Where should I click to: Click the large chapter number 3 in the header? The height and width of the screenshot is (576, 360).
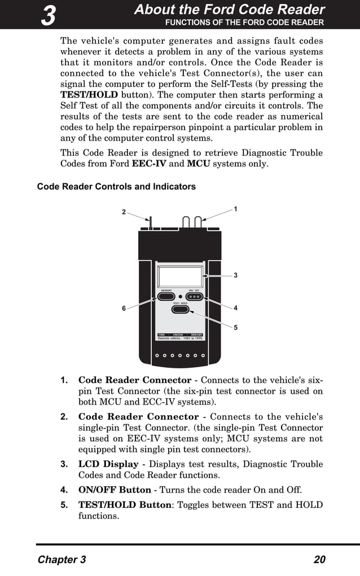[49, 15]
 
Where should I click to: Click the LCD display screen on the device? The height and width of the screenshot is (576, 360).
[181, 276]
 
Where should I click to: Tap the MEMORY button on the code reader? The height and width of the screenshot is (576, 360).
[166, 296]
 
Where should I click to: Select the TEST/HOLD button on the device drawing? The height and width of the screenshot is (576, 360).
[180, 309]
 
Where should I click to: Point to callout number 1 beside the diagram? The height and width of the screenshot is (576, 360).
[235, 209]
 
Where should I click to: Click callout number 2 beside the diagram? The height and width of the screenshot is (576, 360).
[124, 212]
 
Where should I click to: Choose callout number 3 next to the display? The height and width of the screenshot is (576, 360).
[235, 275]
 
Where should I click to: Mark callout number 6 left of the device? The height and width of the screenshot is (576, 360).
[124, 309]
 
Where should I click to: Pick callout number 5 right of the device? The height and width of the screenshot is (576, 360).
[235, 327]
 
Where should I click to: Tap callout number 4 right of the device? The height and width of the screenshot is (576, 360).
[235, 308]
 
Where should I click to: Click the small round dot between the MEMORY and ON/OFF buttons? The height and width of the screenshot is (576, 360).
[180, 296]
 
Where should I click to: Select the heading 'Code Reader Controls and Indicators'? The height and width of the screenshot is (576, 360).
[116, 187]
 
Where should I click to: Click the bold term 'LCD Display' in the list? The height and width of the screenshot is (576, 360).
[108, 464]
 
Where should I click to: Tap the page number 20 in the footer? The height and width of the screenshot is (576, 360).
[319, 560]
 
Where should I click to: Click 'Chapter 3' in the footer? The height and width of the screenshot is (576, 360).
[62, 560]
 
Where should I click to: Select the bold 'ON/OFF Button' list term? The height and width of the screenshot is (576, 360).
[115, 490]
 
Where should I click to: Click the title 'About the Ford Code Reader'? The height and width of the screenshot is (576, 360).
[229, 10]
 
